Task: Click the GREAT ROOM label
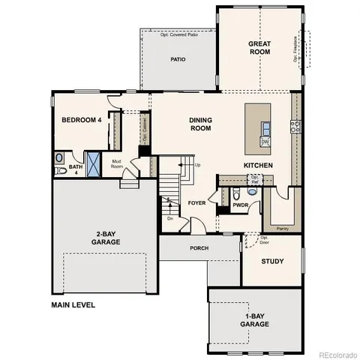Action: tap(259, 49)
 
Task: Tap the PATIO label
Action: tap(178, 60)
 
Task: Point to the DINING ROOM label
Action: tap(199, 124)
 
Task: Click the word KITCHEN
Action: tap(257, 165)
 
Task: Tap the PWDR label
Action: tap(240, 204)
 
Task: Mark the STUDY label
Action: tap(271, 262)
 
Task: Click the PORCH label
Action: tap(199, 247)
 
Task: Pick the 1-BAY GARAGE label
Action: tap(254, 320)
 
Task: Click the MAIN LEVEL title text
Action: tap(74, 305)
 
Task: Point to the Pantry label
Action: tap(283, 228)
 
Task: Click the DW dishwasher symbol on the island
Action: tap(265, 141)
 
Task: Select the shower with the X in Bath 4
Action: tap(94, 162)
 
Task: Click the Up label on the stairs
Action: tap(197, 165)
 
